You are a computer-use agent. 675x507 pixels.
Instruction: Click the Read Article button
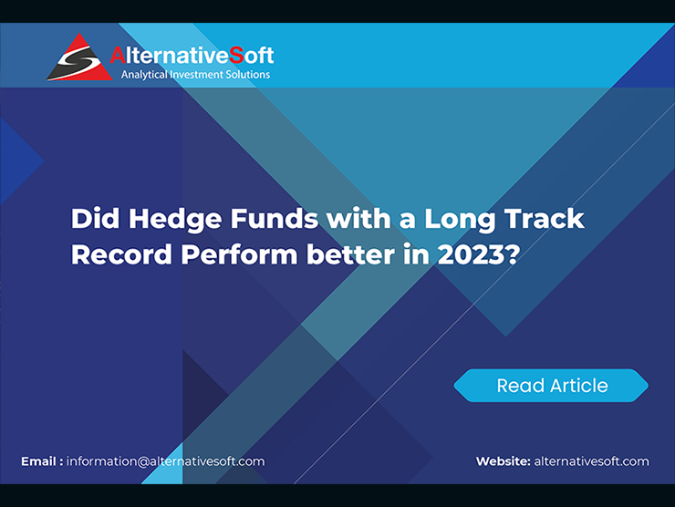(551, 386)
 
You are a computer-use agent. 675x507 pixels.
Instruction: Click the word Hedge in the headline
(175, 220)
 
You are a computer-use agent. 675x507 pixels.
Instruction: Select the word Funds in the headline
(275, 218)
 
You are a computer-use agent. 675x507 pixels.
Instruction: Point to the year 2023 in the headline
(471, 254)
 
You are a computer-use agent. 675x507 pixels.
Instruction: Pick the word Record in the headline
(121, 254)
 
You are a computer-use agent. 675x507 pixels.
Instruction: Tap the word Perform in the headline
(239, 254)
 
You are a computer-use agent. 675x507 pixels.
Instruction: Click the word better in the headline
(350, 254)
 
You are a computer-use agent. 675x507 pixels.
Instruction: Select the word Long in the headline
(460, 220)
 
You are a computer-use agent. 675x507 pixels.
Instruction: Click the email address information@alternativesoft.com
(166, 461)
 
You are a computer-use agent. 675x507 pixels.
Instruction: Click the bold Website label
(504, 461)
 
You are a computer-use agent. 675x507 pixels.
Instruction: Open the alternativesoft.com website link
(591, 461)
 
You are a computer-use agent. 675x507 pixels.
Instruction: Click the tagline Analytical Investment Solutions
(195, 75)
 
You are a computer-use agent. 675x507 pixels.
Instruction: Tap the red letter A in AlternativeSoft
(118, 55)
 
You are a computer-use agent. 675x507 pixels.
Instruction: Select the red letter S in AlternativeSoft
(236, 55)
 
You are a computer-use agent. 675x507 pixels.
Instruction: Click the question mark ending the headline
(513, 253)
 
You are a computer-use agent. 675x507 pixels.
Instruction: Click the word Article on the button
(580, 386)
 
